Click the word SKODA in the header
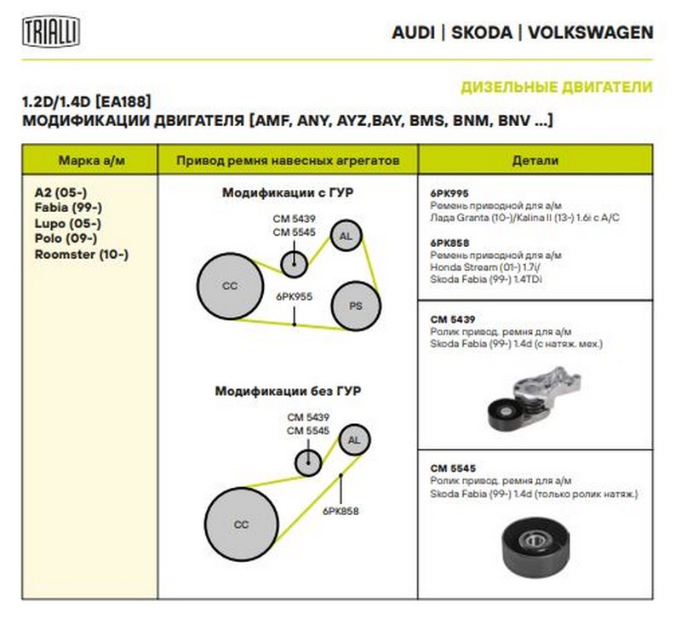point(482,33)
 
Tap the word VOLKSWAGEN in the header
point(591,33)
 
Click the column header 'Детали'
point(535,160)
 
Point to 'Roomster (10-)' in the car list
point(82,254)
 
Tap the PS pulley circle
point(355,305)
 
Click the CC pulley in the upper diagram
point(230,286)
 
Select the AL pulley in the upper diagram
point(346,236)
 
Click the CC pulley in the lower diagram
point(241,524)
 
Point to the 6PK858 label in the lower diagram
point(340,511)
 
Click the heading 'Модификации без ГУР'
point(288,392)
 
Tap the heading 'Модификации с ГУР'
point(288,193)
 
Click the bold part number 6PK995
point(449,193)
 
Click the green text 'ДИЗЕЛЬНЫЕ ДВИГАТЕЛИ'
point(557,87)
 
